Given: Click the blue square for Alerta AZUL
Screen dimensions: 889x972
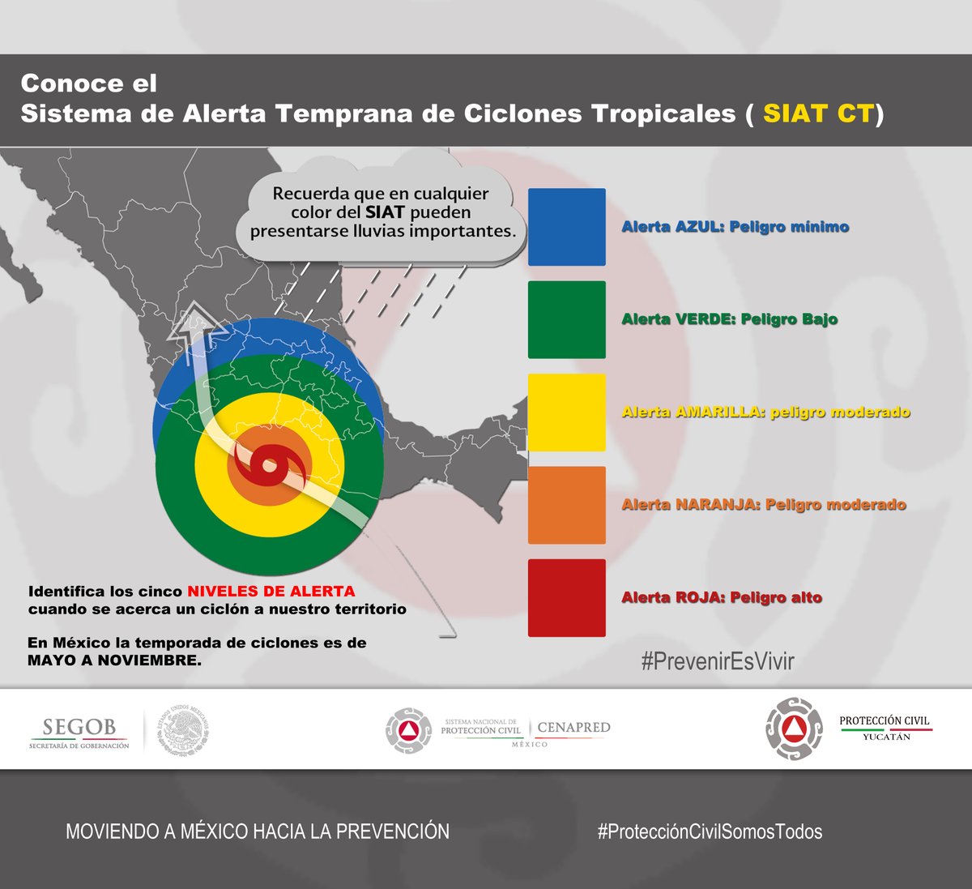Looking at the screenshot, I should (x=566, y=227).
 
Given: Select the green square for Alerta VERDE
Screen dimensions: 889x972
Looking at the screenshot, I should (x=566, y=319).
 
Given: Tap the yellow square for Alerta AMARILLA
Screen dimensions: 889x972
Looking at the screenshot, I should (x=566, y=412).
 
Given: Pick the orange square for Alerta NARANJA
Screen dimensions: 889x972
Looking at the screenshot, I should (x=566, y=505).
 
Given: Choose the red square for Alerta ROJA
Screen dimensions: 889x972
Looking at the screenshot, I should (x=566, y=597).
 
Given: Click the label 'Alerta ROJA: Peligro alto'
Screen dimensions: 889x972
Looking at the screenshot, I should (x=721, y=597).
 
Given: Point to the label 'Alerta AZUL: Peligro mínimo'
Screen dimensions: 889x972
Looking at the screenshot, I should (x=735, y=227).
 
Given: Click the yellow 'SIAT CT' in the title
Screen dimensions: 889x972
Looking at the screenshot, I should (x=818, y=113).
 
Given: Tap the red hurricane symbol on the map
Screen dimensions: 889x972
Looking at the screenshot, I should (x=269, y=468).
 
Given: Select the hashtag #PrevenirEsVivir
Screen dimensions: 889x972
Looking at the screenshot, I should (x=717, y=661).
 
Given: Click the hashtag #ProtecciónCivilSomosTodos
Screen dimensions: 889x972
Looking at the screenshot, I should (x=710, y=831).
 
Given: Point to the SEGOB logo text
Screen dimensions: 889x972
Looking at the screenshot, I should (x=79, y=727).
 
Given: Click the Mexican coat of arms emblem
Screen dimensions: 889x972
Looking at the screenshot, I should (x=184, y=730).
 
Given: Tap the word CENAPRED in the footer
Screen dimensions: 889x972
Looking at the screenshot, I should (x=573, y=728).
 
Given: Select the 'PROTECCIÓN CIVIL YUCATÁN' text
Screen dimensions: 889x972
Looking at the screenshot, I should (x=885, y=727).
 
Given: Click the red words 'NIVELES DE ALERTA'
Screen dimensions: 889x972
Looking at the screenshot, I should (x=271, y=591).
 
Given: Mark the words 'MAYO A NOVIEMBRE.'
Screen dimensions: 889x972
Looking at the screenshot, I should (x=114, y=660).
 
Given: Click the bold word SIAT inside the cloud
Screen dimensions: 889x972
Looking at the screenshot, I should (x=385, y=212).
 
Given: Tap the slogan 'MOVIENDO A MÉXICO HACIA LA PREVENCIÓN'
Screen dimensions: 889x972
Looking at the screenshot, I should (x=257, y=831).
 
